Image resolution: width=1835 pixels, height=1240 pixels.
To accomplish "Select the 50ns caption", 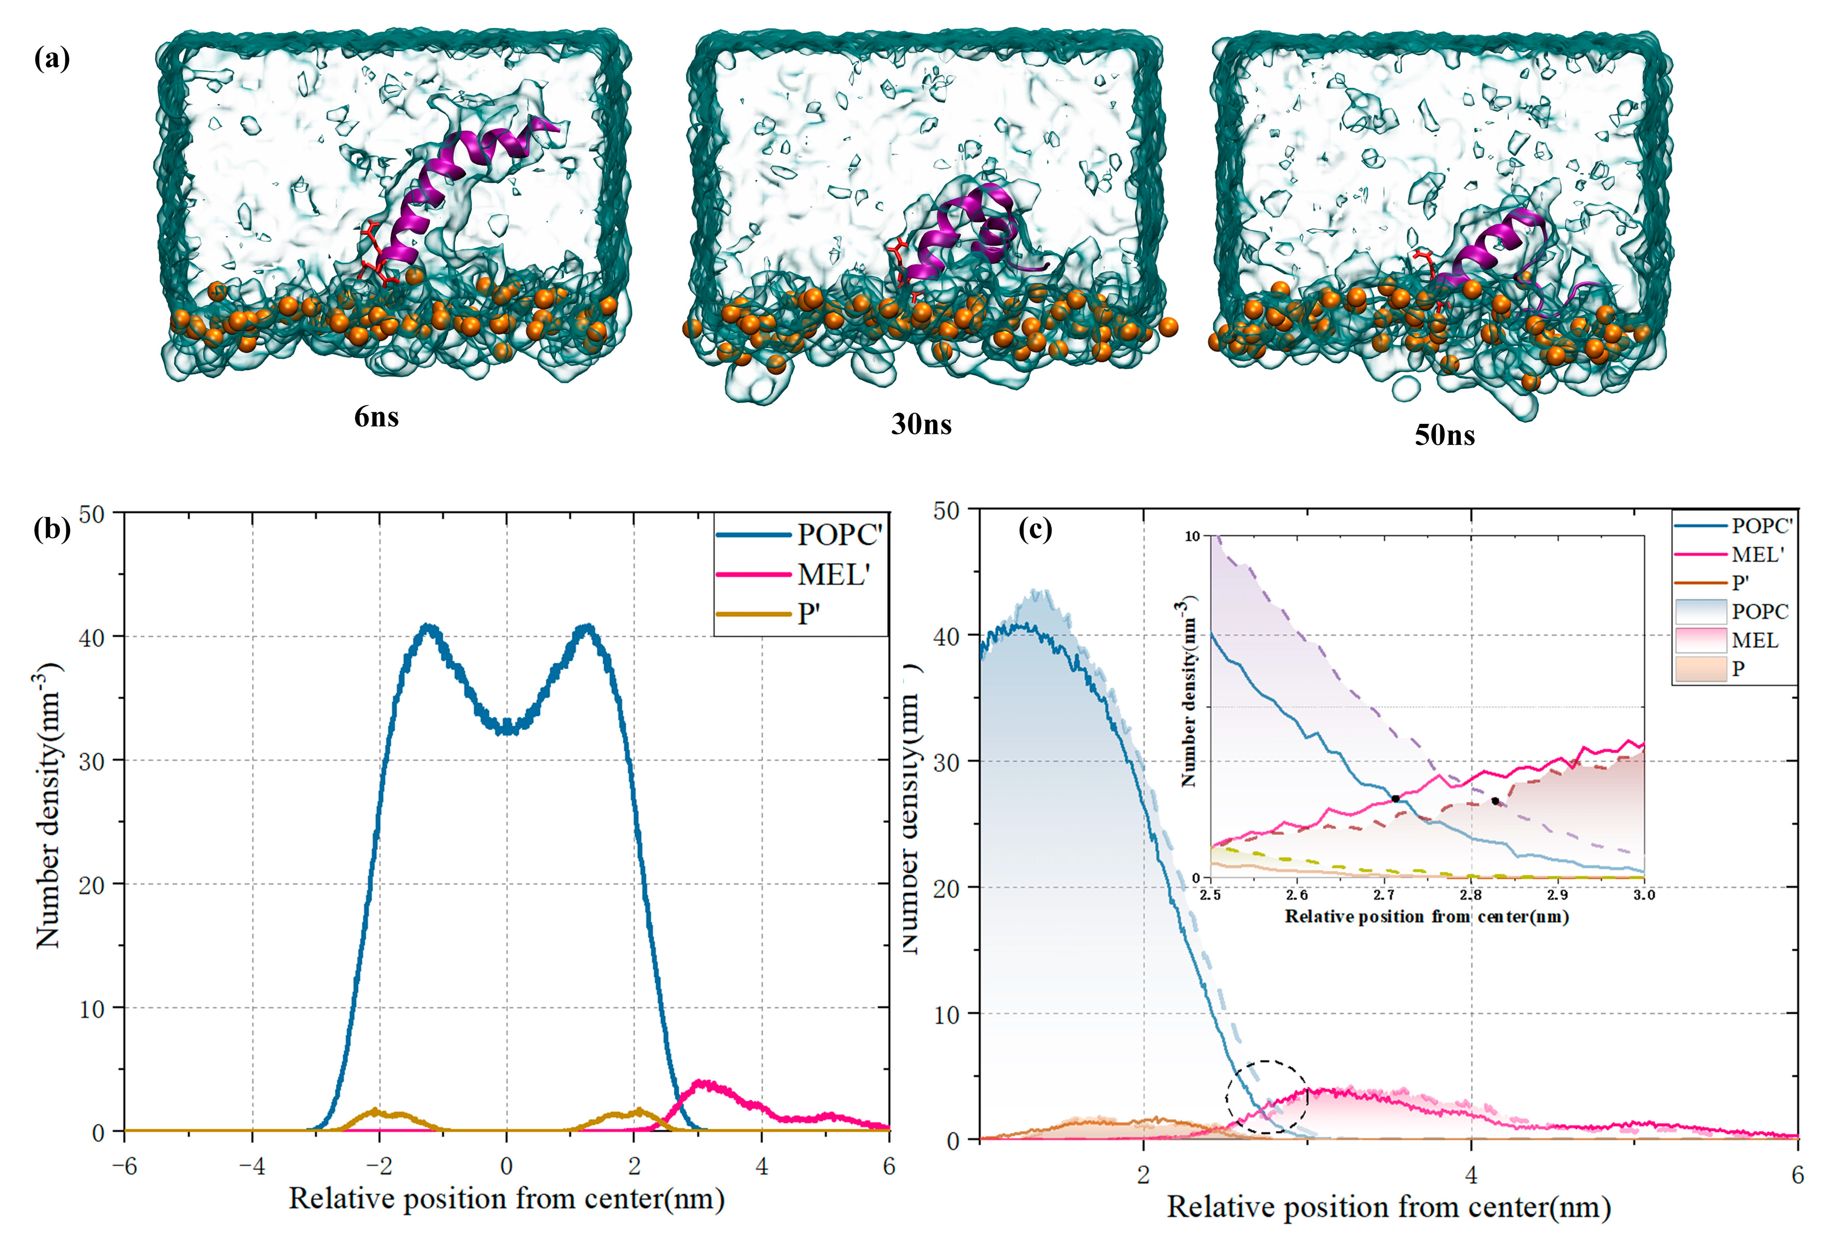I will (x=1444, y=435).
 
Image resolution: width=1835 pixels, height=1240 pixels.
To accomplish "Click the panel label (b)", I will (x=52, y=528).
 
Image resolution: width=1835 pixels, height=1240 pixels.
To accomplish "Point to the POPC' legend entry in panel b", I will (x=838, y=535).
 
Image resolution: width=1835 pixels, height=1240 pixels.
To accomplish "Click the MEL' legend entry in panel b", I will (x=833, y=574).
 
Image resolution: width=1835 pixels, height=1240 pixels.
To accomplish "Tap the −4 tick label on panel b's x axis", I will (x=252, y=1167).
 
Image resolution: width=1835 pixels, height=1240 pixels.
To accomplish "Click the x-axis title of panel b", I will (x=506, y=1199).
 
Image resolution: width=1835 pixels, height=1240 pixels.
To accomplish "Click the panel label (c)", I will (x=1035, y=528).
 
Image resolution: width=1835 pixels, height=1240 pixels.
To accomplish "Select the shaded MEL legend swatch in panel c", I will (x=1699, y=640).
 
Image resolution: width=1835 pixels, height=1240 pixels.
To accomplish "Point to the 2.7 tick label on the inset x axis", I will (x=1383, y=895).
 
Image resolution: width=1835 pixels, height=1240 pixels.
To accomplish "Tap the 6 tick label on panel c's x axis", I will (x=1797, y=1175).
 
